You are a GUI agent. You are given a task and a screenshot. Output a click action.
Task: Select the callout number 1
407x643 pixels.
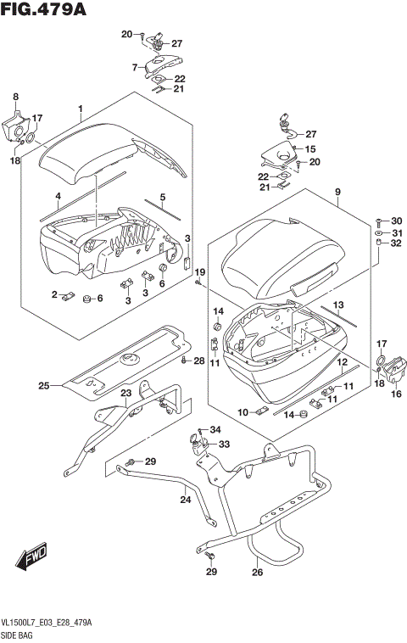pyautogui.click(x=81, y=109)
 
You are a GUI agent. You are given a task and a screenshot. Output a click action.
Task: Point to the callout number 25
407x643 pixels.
pyautogui.click(x=42, y=387)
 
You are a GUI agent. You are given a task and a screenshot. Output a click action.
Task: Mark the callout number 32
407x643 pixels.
pyautogui.click(x=395, y=243)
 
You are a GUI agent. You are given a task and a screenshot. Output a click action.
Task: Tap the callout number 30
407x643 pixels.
pyautogui.click(x=395, y=221)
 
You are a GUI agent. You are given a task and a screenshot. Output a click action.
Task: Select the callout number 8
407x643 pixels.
pyautogui.click(x=14, y=98)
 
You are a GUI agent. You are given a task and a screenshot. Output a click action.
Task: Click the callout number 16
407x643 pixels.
pyautogui.click(x=394, y=393)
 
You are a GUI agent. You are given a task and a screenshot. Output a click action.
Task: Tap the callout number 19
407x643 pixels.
pyautogui.click(x=200, y=271)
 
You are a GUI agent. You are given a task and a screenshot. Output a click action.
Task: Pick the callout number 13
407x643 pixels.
pyautogui.click(x=337, y=305)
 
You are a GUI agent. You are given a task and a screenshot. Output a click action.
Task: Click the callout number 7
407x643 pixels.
pyautogui.click(x=134, y=66)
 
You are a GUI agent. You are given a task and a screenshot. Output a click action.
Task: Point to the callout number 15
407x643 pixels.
pyautogui.click(x=311, y=148)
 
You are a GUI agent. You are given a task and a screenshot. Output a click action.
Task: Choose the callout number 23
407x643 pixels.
pyautogui.click(x=125, y=393)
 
